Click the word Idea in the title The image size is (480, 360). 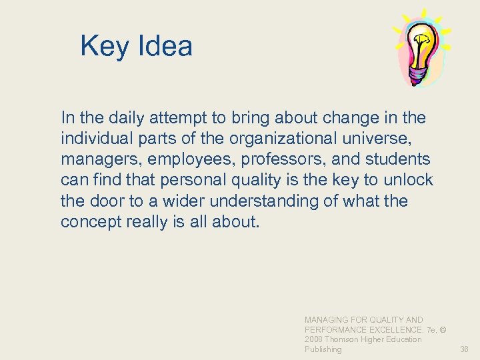[x=165, y=46]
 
